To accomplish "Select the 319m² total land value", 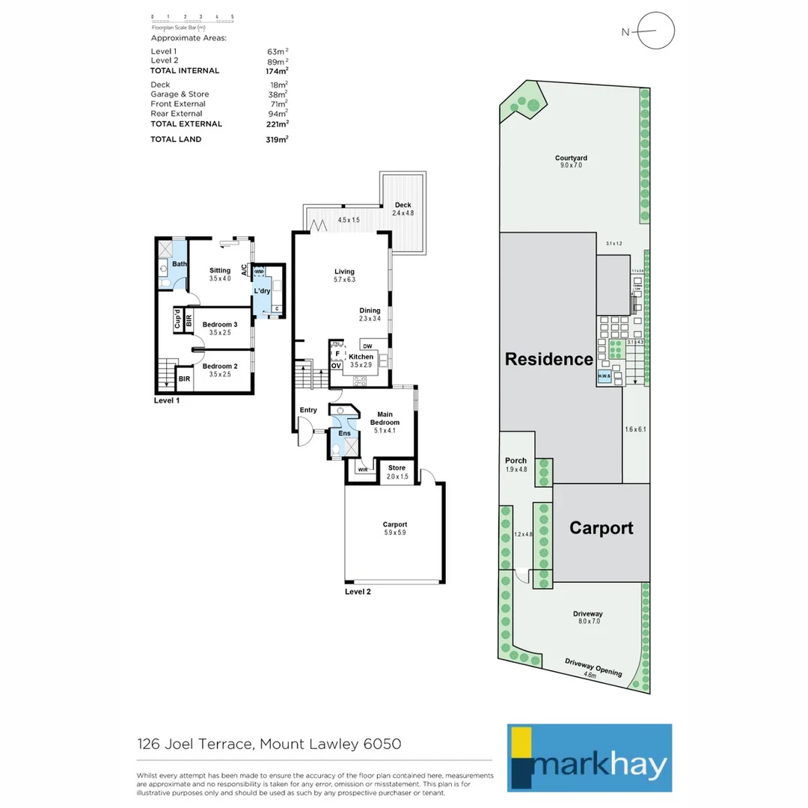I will click(278, 139).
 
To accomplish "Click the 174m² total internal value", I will click(278, 70).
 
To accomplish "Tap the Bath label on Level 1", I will click(180, 264).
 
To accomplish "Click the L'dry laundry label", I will click(262, 290).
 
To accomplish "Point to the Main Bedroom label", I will click(385, 418).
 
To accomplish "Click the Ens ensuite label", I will click(344, 433).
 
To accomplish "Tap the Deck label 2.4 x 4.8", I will click(403, 209).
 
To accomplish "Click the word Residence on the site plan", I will click(549, 358).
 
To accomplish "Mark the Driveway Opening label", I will click(593, 667).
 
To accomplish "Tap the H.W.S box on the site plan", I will click(604, 377).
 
